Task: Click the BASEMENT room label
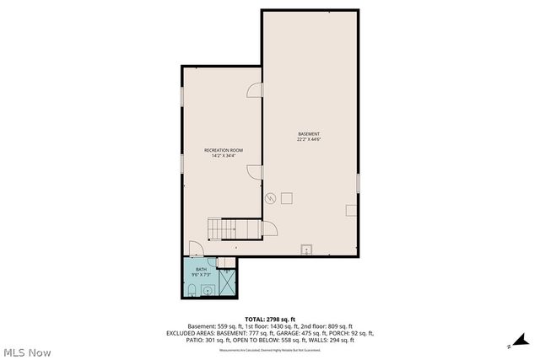[x=309, y=134]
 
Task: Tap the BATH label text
[x=201, y=269]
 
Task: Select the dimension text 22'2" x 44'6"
[x=309, y=140]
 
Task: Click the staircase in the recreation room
[x=224, y=228]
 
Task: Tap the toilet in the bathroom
[x=192, y=290]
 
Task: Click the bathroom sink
[x=208, y=290]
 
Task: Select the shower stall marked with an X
[x=229, y=283]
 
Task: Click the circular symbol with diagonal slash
[x=271, y=198]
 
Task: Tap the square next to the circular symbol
[x=287, y=197]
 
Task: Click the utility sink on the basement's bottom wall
[x=307, y=250]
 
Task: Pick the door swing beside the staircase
[x=269, y=228]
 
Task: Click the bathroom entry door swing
[x=195, y=249]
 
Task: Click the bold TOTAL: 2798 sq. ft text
[x=269, y=320]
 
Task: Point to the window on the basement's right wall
[x=358, y=182]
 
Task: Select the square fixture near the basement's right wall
[x=351, y=210]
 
